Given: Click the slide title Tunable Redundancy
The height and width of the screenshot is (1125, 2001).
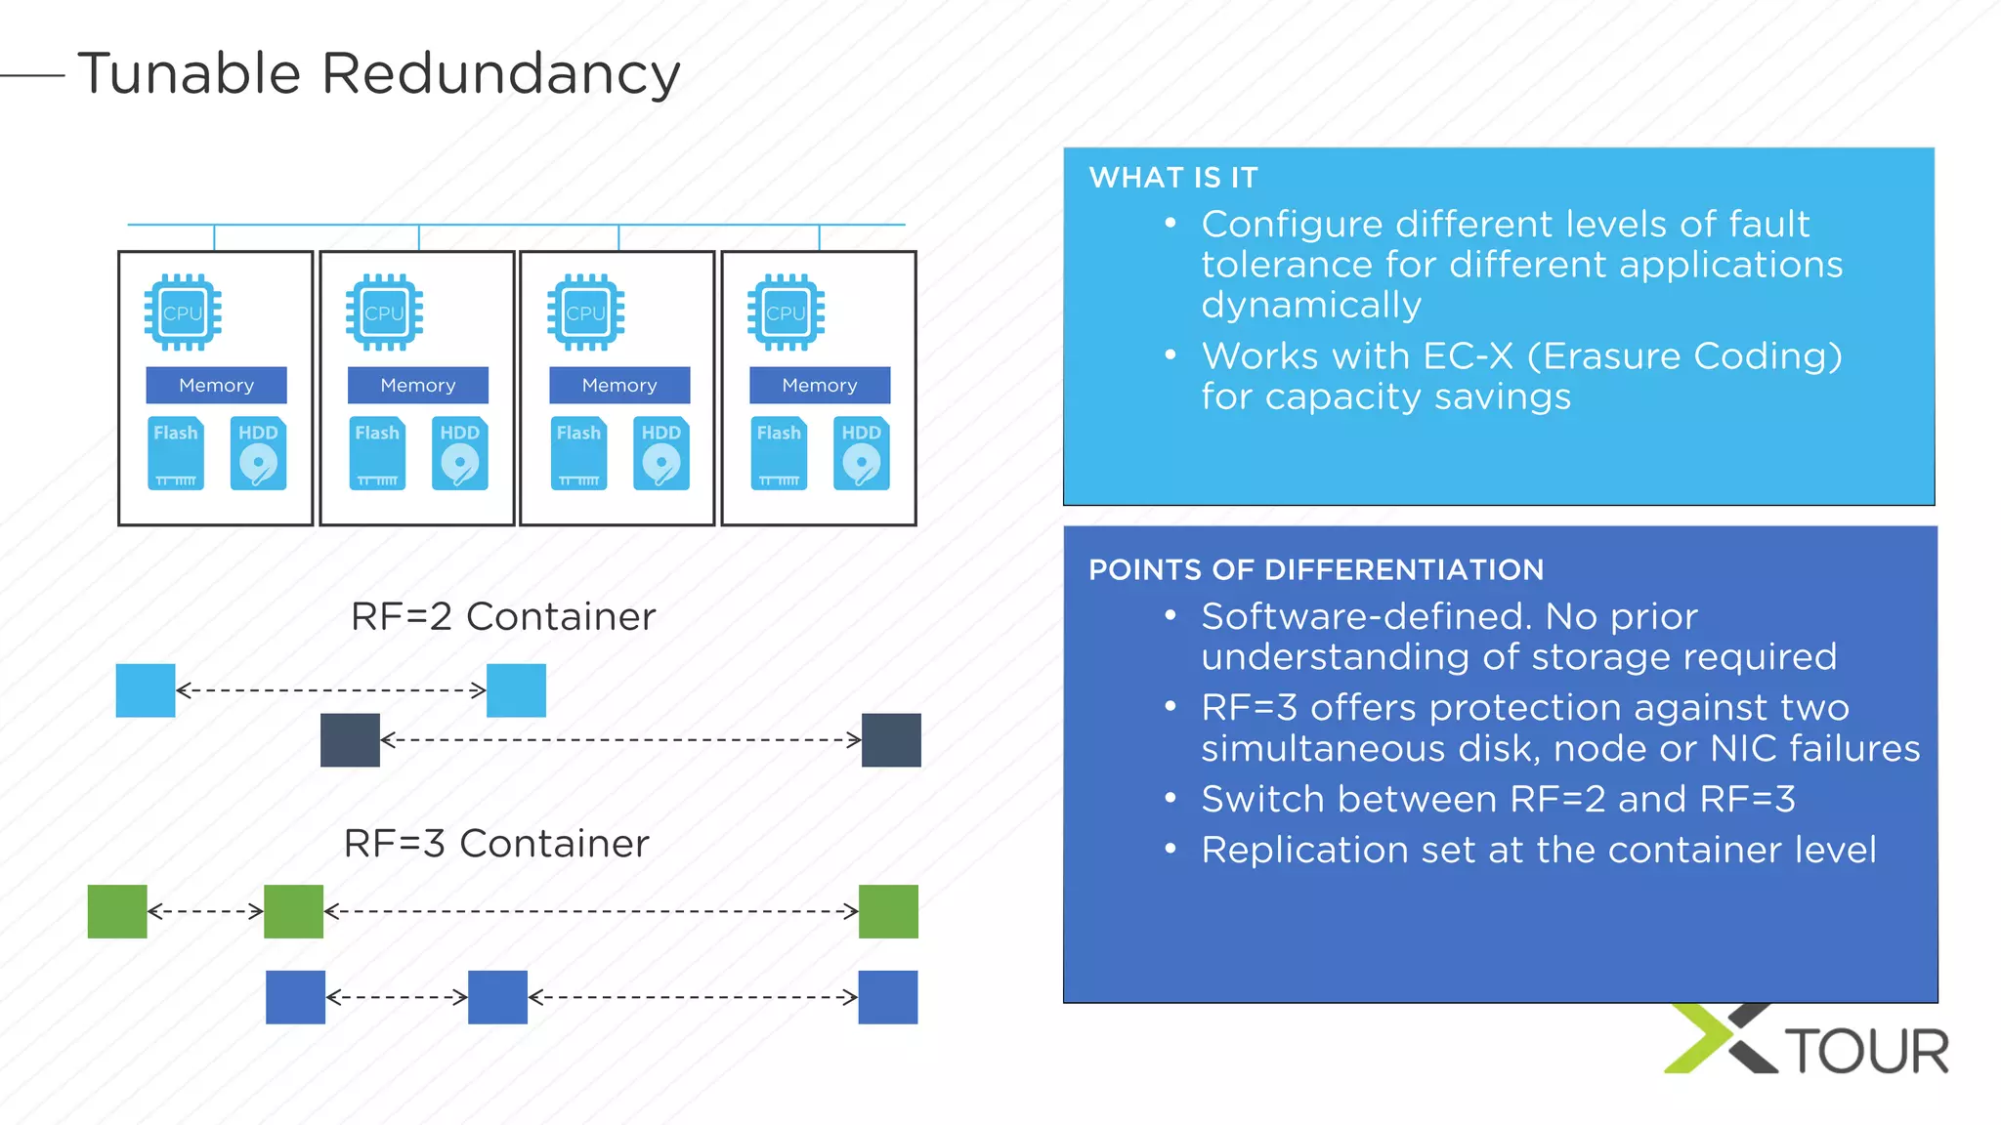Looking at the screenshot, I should point(378,73).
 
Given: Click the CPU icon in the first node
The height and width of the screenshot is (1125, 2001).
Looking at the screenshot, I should point(183,312).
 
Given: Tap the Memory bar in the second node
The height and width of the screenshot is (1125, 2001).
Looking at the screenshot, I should point(417,385).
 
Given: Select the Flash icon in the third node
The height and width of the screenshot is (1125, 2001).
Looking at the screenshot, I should point(578,453).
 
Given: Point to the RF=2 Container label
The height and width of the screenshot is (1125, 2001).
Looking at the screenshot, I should point(502,616).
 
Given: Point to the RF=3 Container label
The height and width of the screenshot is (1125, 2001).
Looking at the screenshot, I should point(495,843).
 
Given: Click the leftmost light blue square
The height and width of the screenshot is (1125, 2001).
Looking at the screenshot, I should point(146,690).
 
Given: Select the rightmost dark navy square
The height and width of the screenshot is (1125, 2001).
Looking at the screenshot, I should point(890,739).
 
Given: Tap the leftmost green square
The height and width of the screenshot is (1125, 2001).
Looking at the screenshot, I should point(117,911).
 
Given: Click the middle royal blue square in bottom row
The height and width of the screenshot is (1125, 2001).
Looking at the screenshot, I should point(497,996).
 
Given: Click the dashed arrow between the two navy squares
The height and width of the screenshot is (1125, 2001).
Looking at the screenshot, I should point(620,739).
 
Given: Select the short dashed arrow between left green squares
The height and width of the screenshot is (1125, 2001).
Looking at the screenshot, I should point(205,911).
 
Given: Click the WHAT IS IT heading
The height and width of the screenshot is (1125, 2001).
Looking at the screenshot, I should point(1172,178).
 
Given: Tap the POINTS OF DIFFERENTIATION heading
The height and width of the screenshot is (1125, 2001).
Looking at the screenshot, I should point(1315,569).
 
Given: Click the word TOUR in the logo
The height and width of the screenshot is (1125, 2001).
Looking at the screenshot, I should point(1867,1051).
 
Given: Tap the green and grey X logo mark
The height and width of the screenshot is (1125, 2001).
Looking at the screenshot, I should point(1721,1039).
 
